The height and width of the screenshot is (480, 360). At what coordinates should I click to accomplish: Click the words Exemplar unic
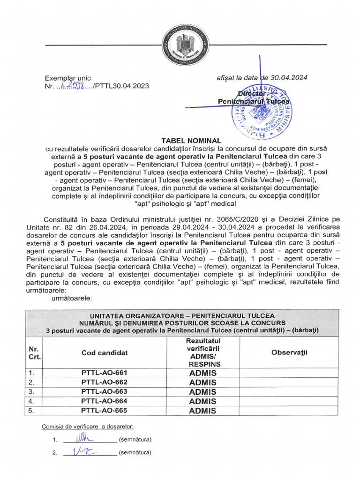68,78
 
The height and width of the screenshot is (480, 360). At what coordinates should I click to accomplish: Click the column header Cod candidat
105,352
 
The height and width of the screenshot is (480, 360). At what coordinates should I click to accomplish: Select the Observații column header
289,352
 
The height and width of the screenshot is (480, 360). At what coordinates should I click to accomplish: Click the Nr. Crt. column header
34,352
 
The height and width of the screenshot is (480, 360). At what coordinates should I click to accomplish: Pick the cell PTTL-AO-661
105,373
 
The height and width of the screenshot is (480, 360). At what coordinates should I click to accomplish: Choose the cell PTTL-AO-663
105,392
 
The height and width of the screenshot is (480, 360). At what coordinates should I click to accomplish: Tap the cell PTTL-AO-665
105,411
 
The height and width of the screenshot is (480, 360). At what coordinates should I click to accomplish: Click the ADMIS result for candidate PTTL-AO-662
202,382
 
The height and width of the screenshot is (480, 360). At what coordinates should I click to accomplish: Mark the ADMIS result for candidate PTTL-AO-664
202,401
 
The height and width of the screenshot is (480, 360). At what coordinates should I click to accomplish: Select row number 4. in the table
32,401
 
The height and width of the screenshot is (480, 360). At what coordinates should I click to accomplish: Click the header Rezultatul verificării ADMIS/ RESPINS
202,352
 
